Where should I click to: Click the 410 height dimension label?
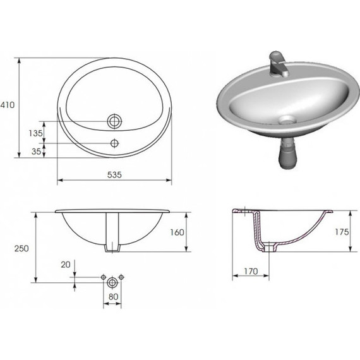tap(7, 105)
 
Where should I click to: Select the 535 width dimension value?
tap(114, 175)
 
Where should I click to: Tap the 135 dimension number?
tap(35, 133)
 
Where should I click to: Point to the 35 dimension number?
tap(36, 152)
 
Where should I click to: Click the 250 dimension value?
tap(21, 248)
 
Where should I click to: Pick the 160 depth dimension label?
tap(177, 232)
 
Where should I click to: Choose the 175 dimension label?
tap(342, 232)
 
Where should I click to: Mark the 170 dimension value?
tap(251, 272)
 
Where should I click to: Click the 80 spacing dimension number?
tap(114, 297)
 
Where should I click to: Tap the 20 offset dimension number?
tap(66, 265)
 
